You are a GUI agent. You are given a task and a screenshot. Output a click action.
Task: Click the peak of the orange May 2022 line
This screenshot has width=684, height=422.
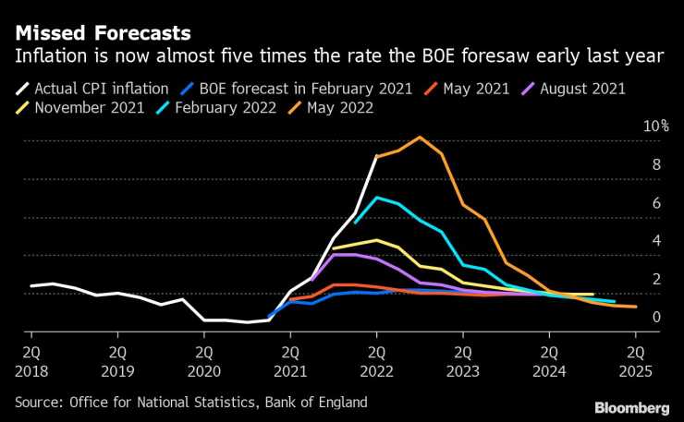(420, 138)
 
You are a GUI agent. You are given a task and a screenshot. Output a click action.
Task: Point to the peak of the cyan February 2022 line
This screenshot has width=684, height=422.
(376, 198)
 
